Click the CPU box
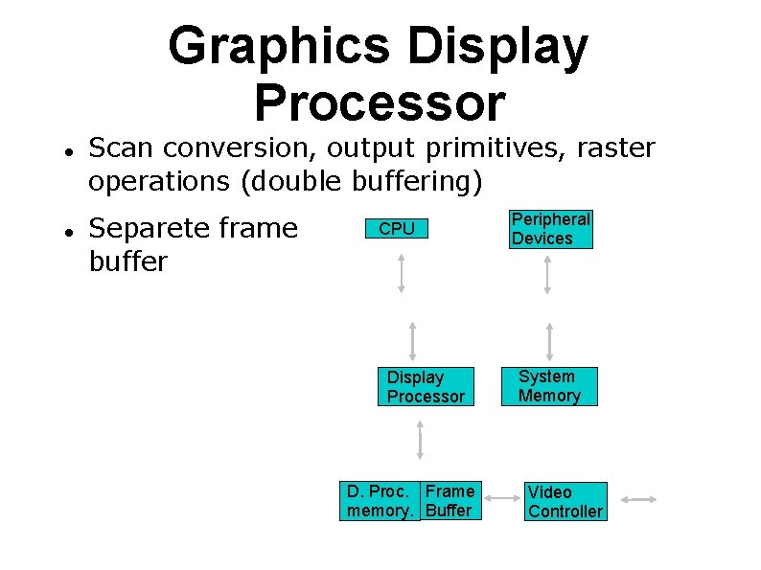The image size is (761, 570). coord(397,229)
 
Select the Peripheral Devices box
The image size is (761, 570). coord(550,229)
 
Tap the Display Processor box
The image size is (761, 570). coord(427,386)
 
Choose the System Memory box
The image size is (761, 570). coord(549,386)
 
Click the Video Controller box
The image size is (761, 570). coord(565,501)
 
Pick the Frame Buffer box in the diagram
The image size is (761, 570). coord(450,501)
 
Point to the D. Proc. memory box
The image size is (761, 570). coord(380,501)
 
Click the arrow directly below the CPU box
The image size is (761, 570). coord(403,272)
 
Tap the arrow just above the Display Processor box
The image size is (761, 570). coord(412,339)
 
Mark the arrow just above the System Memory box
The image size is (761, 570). coord(549,340)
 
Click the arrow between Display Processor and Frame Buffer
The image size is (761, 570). coord(420,442)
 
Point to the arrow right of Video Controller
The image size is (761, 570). coord(638,499)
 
